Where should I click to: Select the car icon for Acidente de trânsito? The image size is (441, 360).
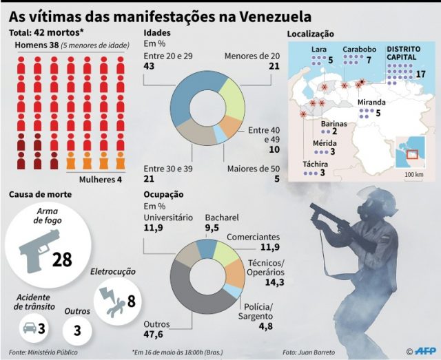(x=30, y=328)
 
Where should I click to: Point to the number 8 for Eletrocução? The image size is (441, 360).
(x=130, y=301)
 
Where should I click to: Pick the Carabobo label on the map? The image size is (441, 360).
(x=360, y=49)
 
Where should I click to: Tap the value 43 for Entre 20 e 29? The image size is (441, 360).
(x=150, y=65)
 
